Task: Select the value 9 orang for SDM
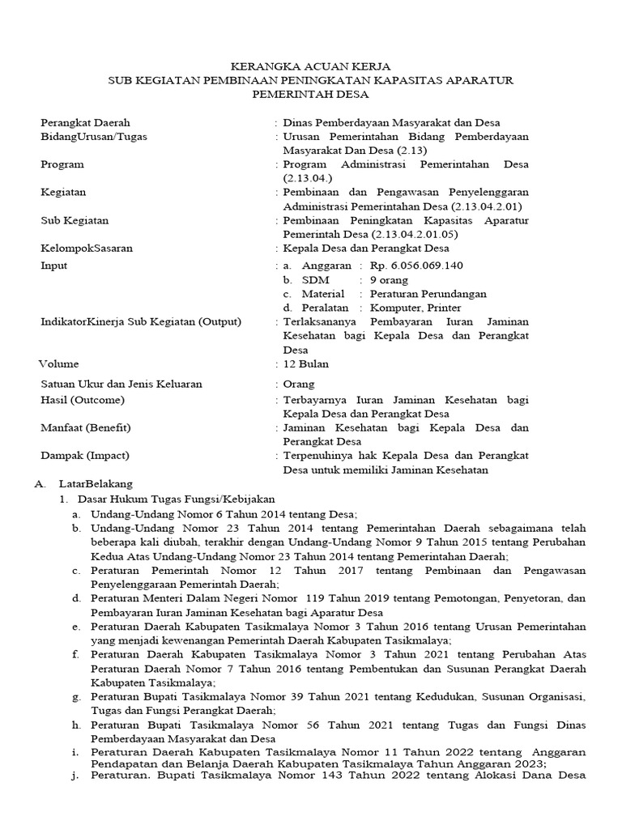(390, 279)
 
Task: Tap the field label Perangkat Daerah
(85, 122)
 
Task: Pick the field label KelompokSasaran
(87, 249)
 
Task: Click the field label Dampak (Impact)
(85, 455)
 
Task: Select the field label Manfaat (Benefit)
(86, 427)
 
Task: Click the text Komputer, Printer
(415, 308)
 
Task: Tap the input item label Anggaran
(326, 265)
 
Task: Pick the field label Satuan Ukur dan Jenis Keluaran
(121, 384)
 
